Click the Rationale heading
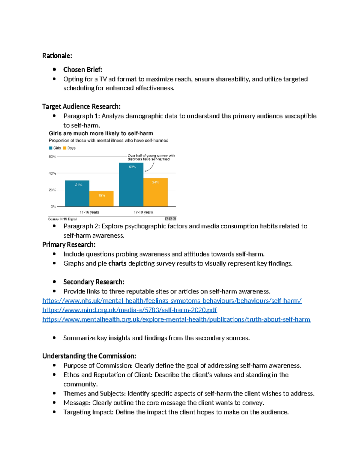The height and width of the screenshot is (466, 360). (57, 56)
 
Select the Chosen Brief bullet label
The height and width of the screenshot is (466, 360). (83, 70)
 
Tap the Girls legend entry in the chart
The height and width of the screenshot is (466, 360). (55, 148)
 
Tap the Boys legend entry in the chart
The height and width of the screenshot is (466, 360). (69, 148)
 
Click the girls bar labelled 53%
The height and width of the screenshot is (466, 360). (131, 184)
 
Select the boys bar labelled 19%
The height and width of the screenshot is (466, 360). (101, 199)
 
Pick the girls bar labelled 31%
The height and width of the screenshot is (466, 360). (77, 193)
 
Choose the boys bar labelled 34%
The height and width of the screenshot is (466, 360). (155, 192)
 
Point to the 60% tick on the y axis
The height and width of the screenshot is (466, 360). (52, 157)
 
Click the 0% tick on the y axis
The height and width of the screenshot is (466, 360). (53, 206)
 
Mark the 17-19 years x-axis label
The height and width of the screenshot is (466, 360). (143, 212)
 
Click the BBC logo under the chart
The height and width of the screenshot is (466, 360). (170, 219)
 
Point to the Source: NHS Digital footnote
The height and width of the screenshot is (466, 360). (62, 219)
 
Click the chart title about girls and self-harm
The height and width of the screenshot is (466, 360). (101, 134)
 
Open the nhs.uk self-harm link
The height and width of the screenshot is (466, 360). (172, 301)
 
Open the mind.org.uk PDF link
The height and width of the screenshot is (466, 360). (129, 310)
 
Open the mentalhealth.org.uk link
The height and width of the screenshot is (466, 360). (176, 319)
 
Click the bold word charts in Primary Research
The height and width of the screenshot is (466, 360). (117, 263)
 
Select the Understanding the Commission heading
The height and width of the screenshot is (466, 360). (89, 356)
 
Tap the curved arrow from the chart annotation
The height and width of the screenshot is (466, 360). (150, 167)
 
